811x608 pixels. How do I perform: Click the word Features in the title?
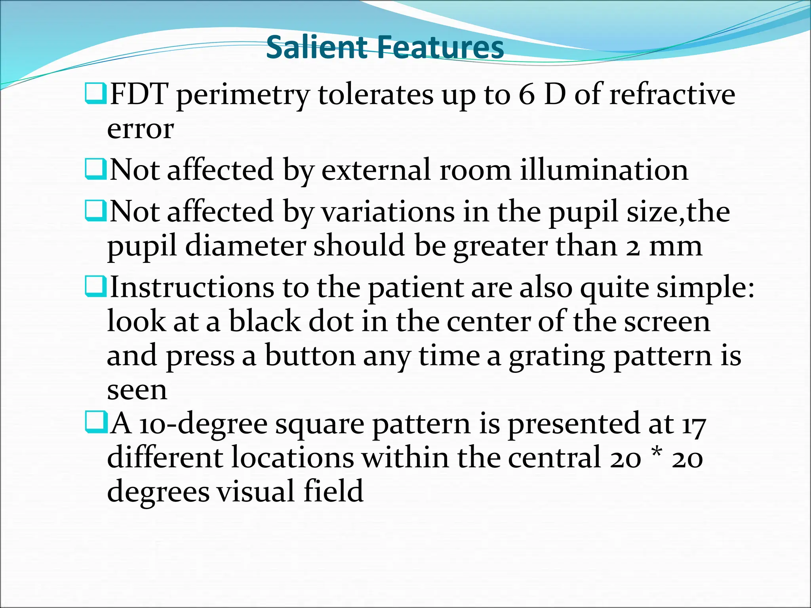click(x=440, y=47)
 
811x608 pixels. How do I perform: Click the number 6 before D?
click(x=527, y=95)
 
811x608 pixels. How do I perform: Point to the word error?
click(x=140, y=129)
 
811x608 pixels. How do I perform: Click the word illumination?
click(x=604, y=170)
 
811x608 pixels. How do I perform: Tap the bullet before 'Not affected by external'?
click(x=95, y=169)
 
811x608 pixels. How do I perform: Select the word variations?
click(x=388, y=212)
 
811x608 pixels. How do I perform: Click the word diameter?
click(x=246, y=246)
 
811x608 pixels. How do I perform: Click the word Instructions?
click(x=192, y=287)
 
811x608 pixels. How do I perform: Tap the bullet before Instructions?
click(x=95, y=287)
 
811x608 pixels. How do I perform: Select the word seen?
click(x=137, y=390)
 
